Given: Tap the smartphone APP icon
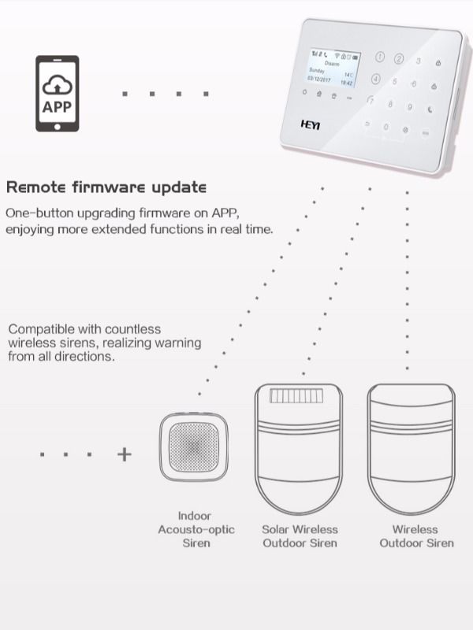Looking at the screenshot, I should tap(58, 93).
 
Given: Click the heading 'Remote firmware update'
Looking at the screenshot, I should tap(106, 187).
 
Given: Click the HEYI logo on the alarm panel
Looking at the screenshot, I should tap(311, 124).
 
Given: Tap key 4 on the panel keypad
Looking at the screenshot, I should tap(375, 80).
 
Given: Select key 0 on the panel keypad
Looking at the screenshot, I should tap(385, 126).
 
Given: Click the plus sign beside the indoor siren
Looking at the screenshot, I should tap(125, 454).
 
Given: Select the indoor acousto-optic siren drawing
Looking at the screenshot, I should tap(194, 447).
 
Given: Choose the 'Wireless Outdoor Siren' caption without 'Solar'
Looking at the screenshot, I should tap(416, 536).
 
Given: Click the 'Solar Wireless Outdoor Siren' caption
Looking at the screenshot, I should tap(300, 536).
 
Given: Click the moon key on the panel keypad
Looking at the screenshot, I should tap(430, 110).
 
